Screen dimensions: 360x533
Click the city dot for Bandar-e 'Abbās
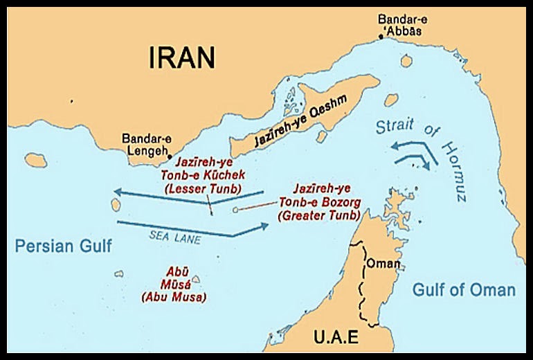[x=379, y=37]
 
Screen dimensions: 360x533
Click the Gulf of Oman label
[x=464, y=289]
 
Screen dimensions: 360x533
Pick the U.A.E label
[x=336, y=338]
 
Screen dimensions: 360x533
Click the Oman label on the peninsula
[x=382, y=264]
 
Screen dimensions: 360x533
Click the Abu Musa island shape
[x=196, y=280]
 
